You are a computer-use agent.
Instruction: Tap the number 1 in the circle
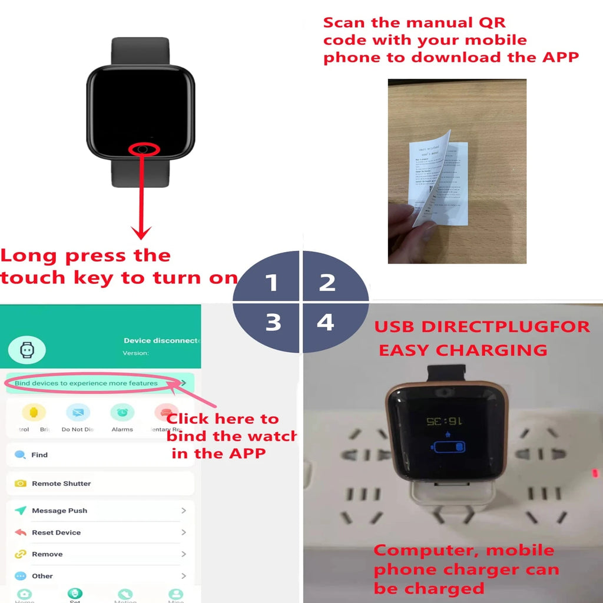point(271,283)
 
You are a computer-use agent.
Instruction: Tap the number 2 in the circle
point(327,283)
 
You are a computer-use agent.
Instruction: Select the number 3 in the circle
point(273,323)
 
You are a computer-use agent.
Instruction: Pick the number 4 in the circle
point(326,322)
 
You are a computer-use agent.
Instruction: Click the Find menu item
point(39,455)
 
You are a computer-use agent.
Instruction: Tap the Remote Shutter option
point(61,483)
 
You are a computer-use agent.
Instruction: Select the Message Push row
point(59,511)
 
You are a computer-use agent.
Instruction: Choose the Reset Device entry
point(56,532)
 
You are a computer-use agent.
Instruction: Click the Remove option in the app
point(47,554)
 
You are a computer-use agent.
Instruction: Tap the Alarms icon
point(122,413)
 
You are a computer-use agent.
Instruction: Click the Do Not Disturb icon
point(78,413)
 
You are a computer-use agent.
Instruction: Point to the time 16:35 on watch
point(444,422)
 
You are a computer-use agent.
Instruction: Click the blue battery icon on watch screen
point(449,446)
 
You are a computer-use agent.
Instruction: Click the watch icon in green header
point(26,350)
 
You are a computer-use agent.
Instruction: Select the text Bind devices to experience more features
point(86,383)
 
